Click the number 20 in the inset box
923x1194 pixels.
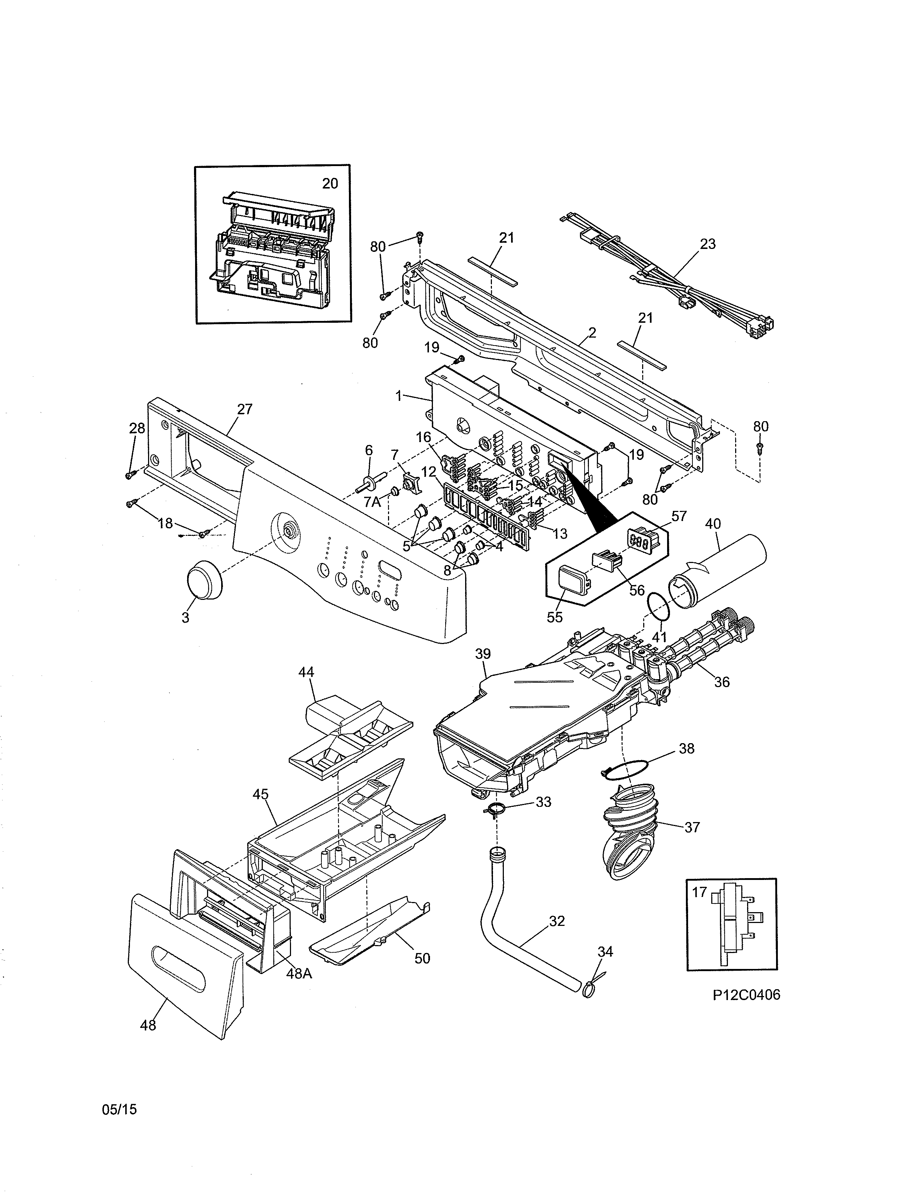[330, 184]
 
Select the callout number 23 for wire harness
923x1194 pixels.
[708, 244]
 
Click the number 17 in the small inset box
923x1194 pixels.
[699, 892]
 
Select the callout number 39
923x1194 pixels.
[483, 653]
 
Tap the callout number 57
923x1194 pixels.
[679, 516]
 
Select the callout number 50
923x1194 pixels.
[422, 958]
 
